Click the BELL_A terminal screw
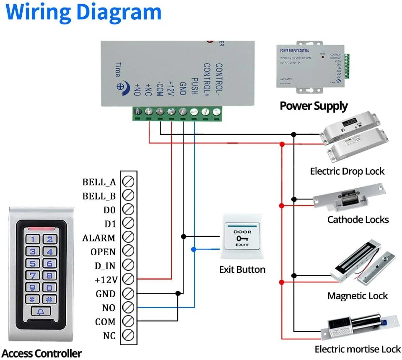[128, 182]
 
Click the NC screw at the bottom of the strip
[128, 335]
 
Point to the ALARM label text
[99, 238]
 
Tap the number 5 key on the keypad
[34, 264]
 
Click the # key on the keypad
[49, 300]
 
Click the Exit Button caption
[242, 269]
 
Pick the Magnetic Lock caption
[358, 296]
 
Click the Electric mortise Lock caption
[358, 349]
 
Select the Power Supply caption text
[314, 106]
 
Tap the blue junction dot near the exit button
[193, 249]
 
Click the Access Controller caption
[41, 353]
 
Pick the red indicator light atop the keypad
[41, 229]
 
